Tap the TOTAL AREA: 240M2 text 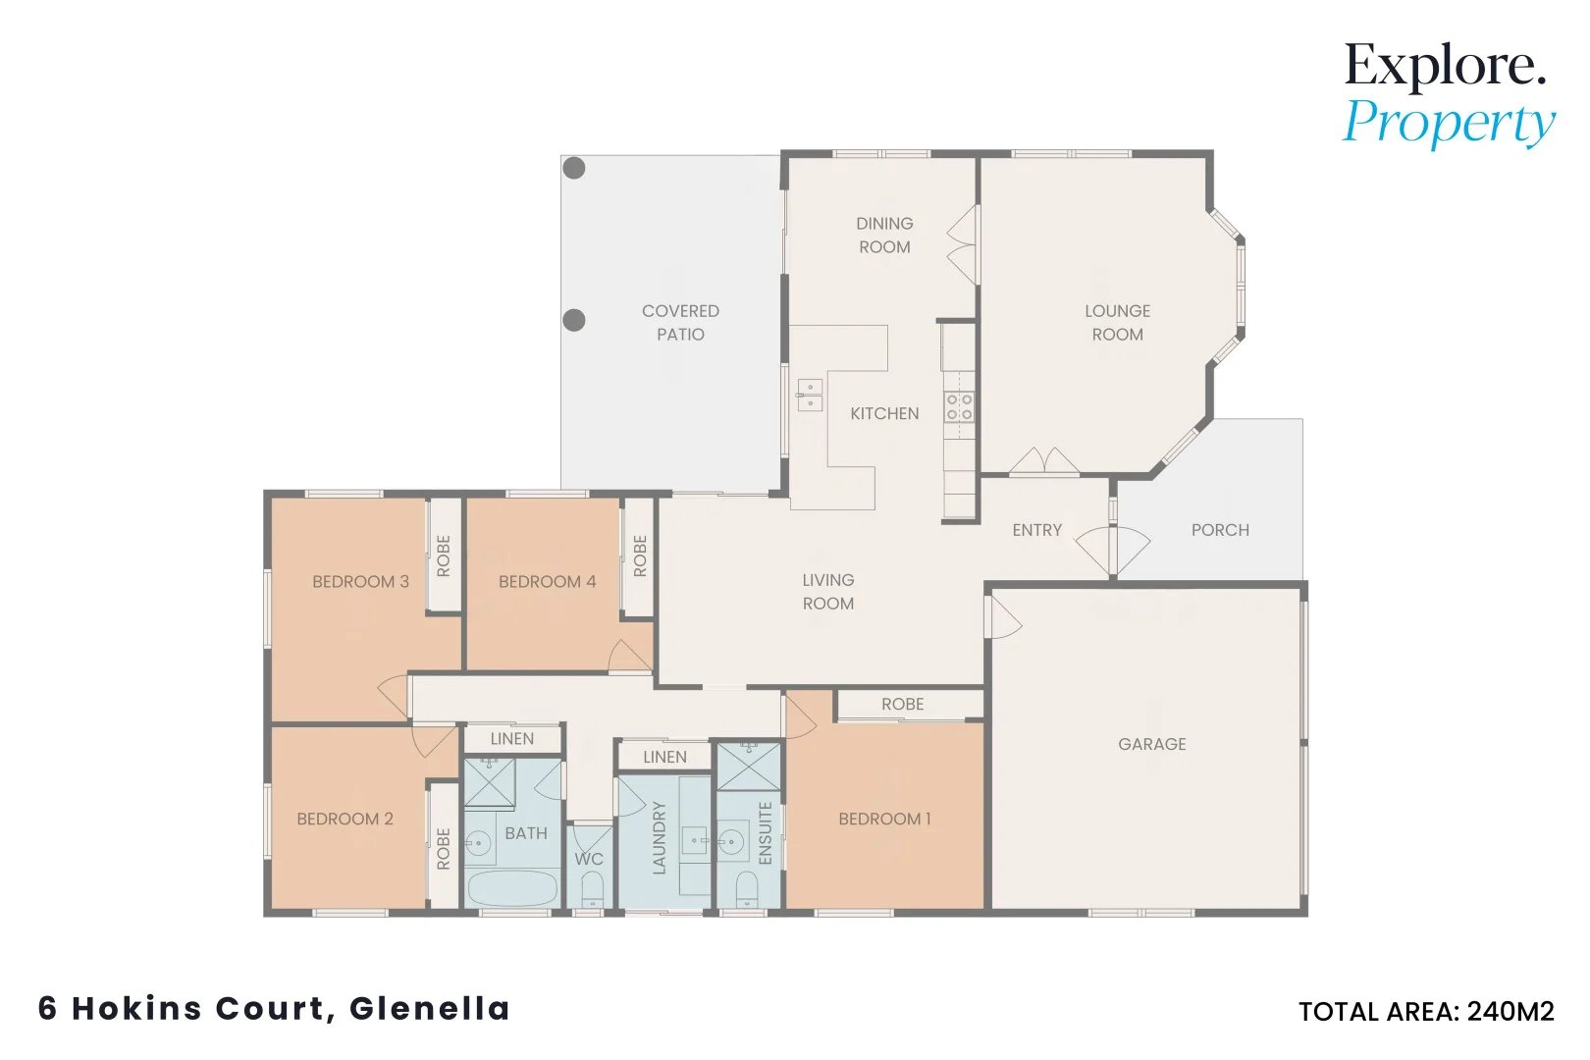(1427, 1011)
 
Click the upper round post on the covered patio (574, 168)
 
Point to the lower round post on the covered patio (574, 320)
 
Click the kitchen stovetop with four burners (959, 407)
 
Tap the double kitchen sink (810, 395)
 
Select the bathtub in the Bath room (512, 888)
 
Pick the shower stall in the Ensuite (749, 767)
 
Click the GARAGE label (1152, 744)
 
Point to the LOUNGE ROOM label (1117, 322)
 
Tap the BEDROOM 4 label (548, 581)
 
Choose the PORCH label (1220, 530)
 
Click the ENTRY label (1037, 530)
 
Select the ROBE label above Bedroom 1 (903, 704)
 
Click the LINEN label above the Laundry (665, 757)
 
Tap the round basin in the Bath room (479, 844)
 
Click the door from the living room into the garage (1002, 617)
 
